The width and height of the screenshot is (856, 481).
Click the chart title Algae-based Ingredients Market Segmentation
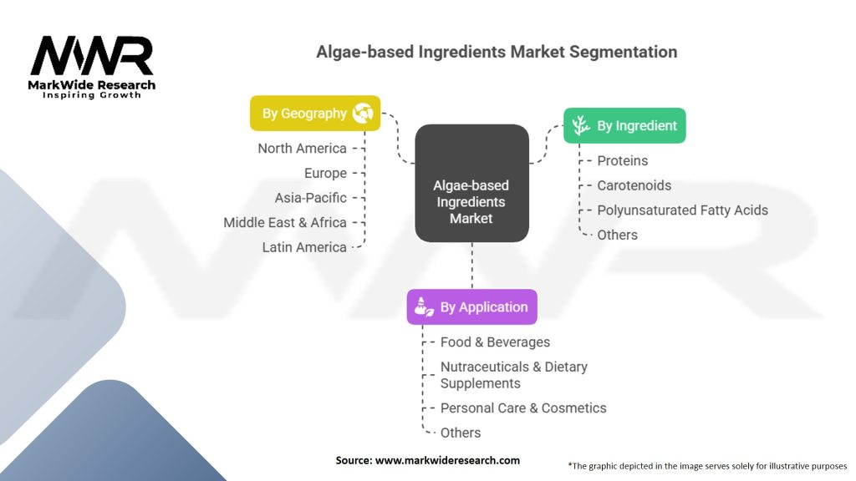(x=497, y=52)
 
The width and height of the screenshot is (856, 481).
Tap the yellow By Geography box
(x=315, y=114)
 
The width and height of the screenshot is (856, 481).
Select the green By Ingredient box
(x=624, y=126)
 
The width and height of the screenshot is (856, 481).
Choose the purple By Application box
(x=471, y=307)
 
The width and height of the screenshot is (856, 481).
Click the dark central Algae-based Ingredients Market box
(x=471, y=202)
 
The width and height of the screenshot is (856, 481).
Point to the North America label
(x=302, y=149)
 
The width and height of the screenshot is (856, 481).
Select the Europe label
(x=325, y=174)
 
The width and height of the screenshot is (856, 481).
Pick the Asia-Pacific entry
(x=310, y=198)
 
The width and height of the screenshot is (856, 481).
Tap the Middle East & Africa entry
(x=284, y=223)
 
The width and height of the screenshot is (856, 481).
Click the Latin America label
(x=303, y=247)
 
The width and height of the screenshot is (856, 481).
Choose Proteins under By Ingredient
(x=622, y=160)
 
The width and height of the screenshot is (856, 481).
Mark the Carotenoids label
(x=634, y=185)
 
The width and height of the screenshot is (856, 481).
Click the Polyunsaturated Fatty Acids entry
(x=682, y=210)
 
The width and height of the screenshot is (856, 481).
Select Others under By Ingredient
(x=617, y=235)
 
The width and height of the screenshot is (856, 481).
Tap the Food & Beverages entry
(x=495, y=342)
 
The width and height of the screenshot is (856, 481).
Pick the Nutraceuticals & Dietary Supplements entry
(x=513, y=375)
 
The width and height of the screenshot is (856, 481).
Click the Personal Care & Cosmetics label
(x=523, y=408)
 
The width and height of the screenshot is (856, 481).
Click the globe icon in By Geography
(x=363, y=114)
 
